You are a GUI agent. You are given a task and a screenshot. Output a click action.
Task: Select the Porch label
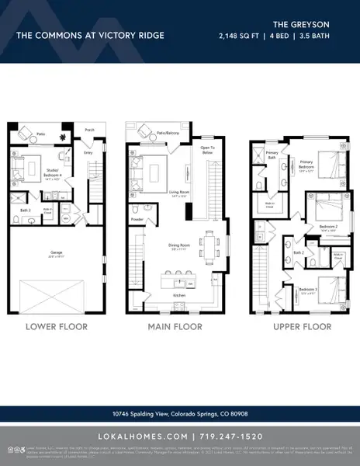89,130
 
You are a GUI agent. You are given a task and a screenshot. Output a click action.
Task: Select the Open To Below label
207,151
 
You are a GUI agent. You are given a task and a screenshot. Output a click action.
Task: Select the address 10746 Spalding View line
179,413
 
